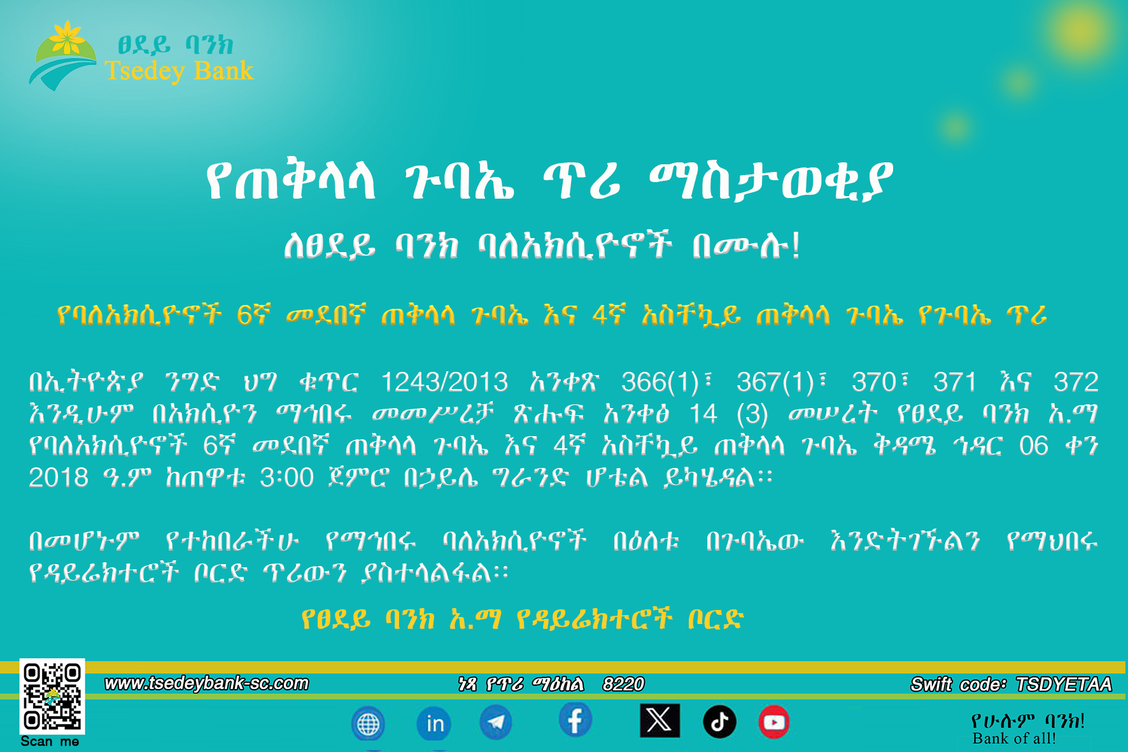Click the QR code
pyautogui.click(x=52, y=697)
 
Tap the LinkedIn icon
pyautogui.click(x=435, y=723)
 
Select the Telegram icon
pyautogui.click(x=495, y=723)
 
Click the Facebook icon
pyautogui.click(x=575, y=721)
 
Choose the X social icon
pyautogui.click(x=659, y=721)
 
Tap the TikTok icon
pyautogui.click(x=719, y=722)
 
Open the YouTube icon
pyautogui.click(x=773, y=722)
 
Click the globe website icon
pyautogui.click(x=368, y=724)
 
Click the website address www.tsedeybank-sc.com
pyautogui.click(x=206, y=683)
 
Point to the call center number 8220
pyautogui.click(x=623, y=685)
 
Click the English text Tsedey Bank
pyautogui.click(x=179, y=71)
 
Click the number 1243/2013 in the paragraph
pyautogui.click(x=444, y=382)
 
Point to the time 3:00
pyautogui.click(x=286, y=478)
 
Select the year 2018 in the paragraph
pyautogui.click(x=58, y=478)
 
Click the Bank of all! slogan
pyautogui.click(x=1014, y=739)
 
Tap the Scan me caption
pyautogui.click(x=50, y=742)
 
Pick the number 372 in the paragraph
pyautogui.click(x=1076, y=382)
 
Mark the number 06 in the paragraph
pyautogui.click(x=1033, y=446)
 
